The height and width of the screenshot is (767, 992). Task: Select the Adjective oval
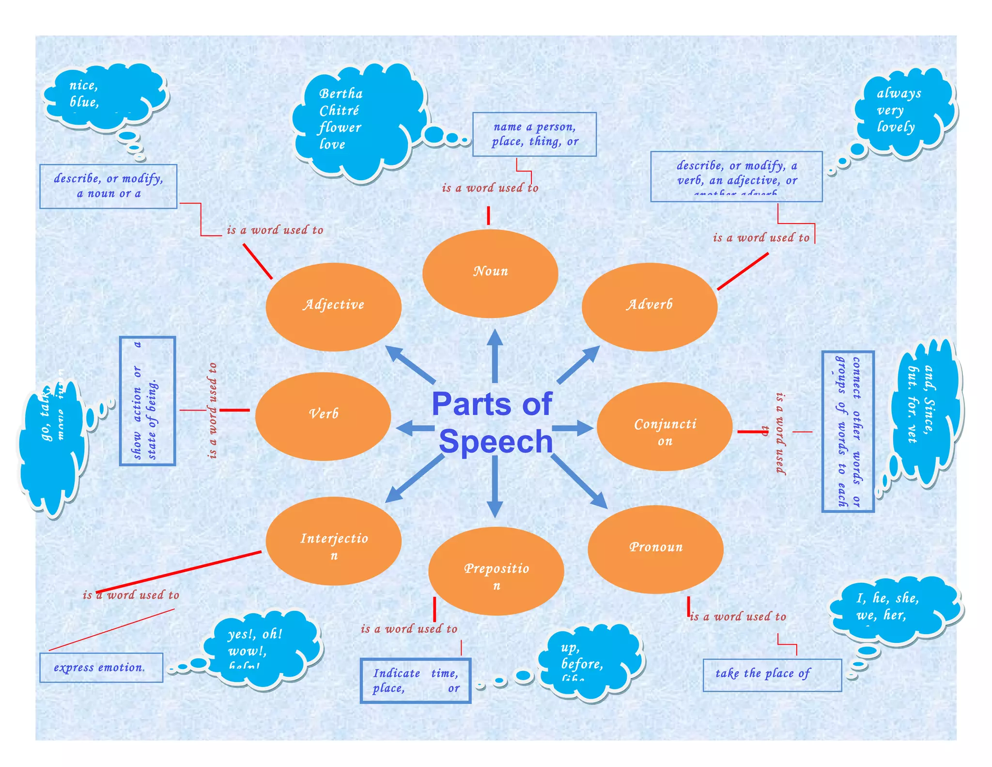click(333, 307)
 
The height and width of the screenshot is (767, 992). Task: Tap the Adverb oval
click(649, 307)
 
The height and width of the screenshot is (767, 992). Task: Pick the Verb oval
click(323, 416)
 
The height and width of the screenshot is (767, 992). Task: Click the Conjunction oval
click(664, 427)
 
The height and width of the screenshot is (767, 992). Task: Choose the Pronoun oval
click(655, 549)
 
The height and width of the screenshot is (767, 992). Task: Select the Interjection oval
click(333, 541)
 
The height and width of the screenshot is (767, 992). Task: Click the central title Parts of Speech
click(493, 423)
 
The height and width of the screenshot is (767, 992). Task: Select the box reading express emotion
click(101, 668)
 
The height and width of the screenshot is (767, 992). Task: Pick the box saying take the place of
click(772, 675)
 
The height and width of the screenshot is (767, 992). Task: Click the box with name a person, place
click(534, 134)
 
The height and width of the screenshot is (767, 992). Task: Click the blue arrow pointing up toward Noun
click(495, 356)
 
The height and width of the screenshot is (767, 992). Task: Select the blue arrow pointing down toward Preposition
click(495, 487)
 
